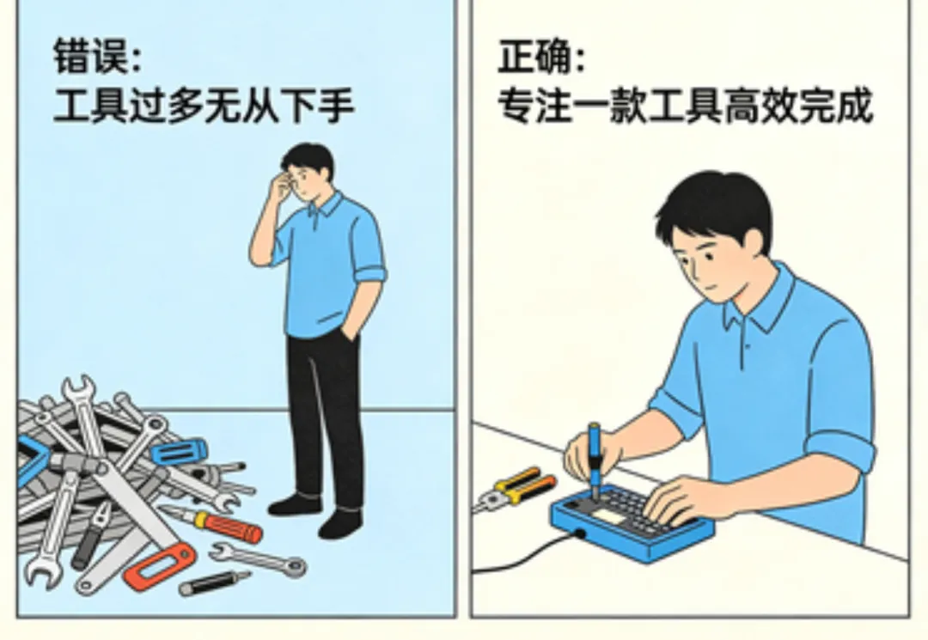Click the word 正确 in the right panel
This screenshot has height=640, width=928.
coord(534,57)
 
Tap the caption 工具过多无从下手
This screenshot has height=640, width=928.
coord(204,106)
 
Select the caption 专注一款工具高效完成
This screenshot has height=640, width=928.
coord(685,106)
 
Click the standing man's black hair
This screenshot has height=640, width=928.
coord(308,156)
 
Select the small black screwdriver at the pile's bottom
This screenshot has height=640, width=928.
coord(214,582)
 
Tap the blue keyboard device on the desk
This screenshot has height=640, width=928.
coord(631,521)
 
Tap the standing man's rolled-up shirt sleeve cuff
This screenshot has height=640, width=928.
coord(369,276)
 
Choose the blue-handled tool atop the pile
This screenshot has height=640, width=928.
coord(179,452)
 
